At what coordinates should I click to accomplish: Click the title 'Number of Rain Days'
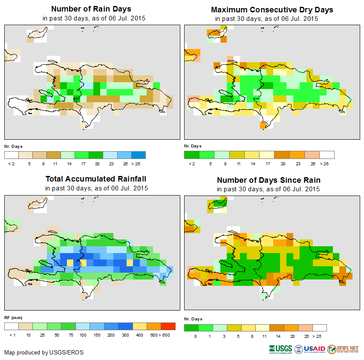click(x=91, y=9)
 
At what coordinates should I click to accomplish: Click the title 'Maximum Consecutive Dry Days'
click(x=272, y=9)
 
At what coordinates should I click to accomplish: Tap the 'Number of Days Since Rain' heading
click(x=269, y=180)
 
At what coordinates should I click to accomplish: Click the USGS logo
click(x=281, y=349)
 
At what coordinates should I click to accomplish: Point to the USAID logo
click(x=313, y=349)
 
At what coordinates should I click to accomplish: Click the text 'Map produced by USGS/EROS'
click(x=44, y=352)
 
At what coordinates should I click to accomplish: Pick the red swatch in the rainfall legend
click(x=168, y=326)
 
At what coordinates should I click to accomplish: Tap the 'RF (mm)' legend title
click(x=13, y=317)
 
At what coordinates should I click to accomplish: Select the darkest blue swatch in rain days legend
click(x=139, y=155)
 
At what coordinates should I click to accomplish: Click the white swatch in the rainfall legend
click(x=12, y=326)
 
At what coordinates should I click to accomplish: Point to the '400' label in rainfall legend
click(x=139, y=335)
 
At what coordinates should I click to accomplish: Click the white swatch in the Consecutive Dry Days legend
click(x=327, y=155)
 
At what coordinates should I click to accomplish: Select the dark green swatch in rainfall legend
click(x=68, y=326)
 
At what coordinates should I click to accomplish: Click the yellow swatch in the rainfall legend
click(x=139, y=326)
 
